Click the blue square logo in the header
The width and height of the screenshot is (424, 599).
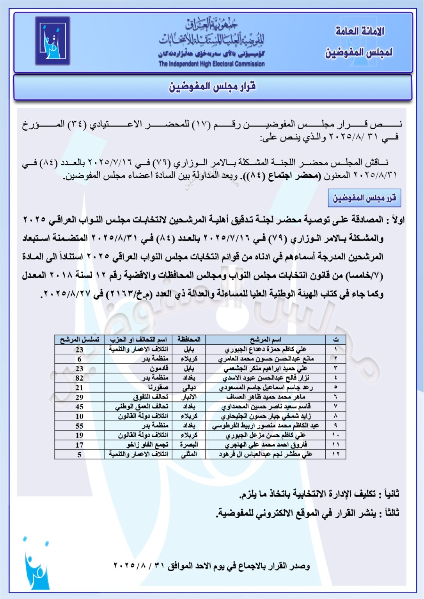coord(52,41)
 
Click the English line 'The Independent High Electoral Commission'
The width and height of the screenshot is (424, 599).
coord(211,64)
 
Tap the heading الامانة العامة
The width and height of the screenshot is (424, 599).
coord(360,31)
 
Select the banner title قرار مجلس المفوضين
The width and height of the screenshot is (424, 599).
coord(212,87)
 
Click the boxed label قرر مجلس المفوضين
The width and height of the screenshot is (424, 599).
coord(364,198)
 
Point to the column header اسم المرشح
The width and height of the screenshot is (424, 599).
coord(266,340)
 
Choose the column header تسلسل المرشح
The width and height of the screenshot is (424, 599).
coord(80,340)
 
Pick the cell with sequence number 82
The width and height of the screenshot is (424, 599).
coord(80,378)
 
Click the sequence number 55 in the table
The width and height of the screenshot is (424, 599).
coord(80,426)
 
